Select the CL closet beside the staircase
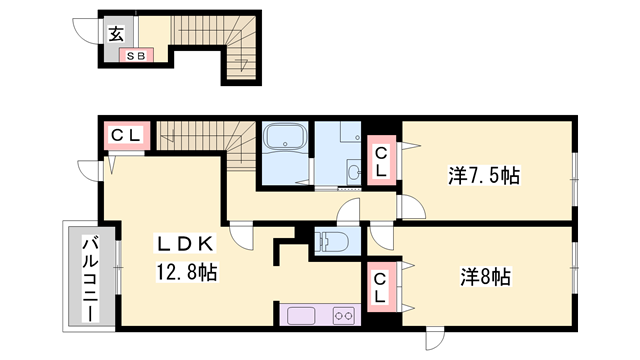pos(126,134)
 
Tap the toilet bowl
pos(332,241)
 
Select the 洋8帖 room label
pos(487,275)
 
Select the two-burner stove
pos(345,316)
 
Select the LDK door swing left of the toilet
pos(242,236)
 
